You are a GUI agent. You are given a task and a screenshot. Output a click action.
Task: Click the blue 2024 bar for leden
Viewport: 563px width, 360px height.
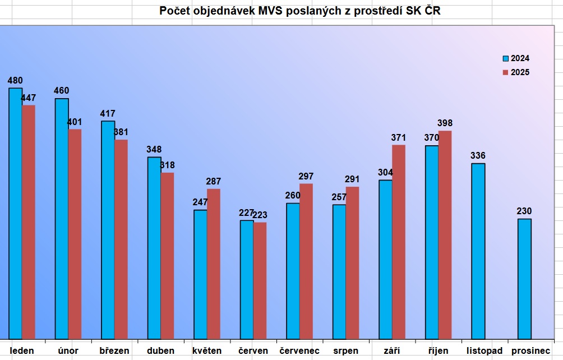15,213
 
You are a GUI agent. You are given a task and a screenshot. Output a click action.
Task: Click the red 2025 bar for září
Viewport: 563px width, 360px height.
399,242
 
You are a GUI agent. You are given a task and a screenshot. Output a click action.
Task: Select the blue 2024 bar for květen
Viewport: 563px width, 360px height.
200,274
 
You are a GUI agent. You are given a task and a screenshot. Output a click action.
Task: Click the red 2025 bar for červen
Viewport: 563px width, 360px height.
260,280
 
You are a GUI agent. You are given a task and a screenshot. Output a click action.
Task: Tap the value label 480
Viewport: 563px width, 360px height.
15,81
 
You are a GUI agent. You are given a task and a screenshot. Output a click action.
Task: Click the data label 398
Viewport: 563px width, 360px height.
445,123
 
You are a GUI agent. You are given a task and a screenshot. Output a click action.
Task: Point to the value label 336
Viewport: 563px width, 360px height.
478,156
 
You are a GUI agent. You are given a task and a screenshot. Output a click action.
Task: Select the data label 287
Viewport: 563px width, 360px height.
214,182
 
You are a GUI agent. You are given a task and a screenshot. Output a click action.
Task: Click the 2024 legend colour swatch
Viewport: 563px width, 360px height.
505,58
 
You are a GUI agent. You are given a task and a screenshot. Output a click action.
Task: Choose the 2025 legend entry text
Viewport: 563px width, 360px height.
520,72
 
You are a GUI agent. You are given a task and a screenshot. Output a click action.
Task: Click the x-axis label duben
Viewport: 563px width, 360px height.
161,351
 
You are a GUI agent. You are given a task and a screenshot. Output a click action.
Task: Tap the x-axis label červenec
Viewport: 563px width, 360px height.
299,351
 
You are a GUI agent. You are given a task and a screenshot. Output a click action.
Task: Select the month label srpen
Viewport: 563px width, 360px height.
345,351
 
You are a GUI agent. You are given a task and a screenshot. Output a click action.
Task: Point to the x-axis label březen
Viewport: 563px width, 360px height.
114,351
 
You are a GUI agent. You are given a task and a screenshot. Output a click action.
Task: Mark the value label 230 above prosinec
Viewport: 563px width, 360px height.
524,211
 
